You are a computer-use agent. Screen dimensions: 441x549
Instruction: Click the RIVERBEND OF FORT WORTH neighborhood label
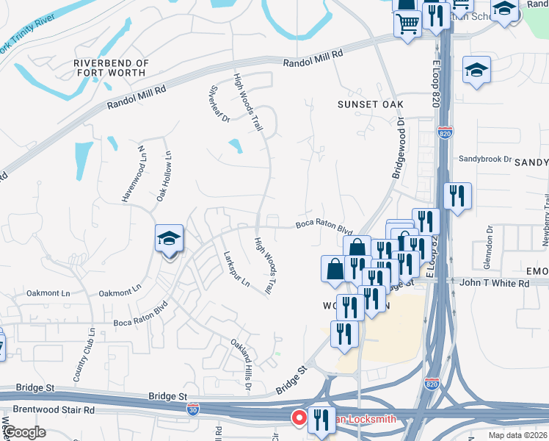pyautogui.click(x=112, y=68)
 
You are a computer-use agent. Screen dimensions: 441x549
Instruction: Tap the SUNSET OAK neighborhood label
pyautogui.click(x=371, y=104)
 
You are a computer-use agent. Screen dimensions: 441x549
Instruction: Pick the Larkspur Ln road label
pyautogui.click(x=236, y=269)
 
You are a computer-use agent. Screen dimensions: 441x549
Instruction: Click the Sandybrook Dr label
pyautogui.click(x=484, y=159)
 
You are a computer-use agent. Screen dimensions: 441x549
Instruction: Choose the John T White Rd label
pyautogui.click(x=493, y=282)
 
